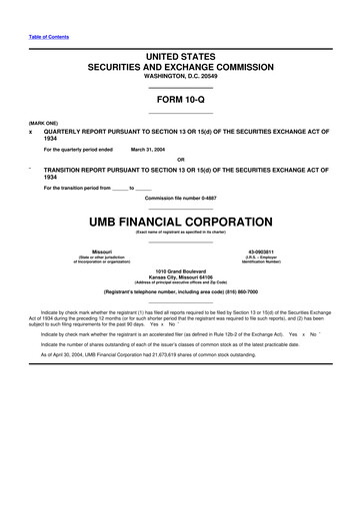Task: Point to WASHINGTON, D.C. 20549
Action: pyautogui.click(x=181, y=77)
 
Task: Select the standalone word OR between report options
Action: pyautogui.click(x=180, y=160)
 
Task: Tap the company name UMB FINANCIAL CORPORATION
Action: pyautogui.click(x=180, y=220)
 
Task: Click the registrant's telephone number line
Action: pyautogui.click(x=180, y=292)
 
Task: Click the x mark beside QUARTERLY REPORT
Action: pyautogui.click(x=31, y=131)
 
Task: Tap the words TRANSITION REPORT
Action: pyautogui.click(x=80, y=171)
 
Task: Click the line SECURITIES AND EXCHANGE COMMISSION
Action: pyautogui.click(x=181, y=66)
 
